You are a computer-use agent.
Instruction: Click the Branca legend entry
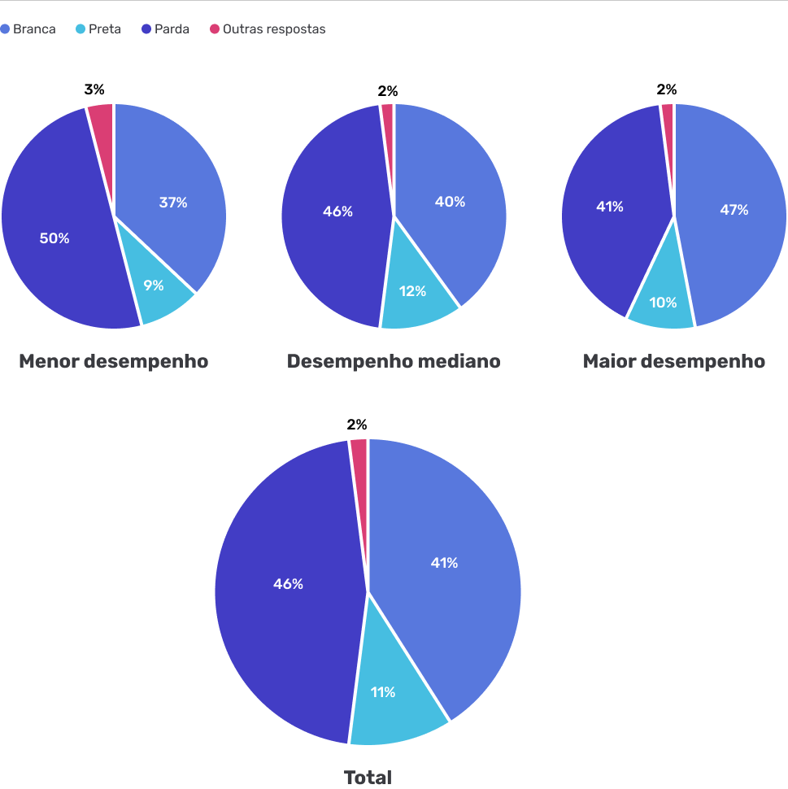(x=28, y=29)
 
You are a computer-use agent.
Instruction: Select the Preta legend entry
(x=98, y=29)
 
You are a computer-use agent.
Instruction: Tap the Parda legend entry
(x=166, y=29)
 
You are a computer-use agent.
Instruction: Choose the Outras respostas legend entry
(x=268, y=29)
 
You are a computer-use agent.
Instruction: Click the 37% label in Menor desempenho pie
(x=173, y=203)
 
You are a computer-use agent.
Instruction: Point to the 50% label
(x=54, y=238)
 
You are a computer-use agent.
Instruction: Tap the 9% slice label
(x=154, y=286)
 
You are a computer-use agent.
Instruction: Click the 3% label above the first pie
(x=94, y=90)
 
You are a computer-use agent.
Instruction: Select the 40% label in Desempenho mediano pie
(x=450, y=202)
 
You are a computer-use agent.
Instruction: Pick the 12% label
(x=412, y=290)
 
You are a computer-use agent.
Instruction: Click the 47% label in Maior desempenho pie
(x=734, y=210)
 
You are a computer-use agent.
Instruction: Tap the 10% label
(x=663, y=303)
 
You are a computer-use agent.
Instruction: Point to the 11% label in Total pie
(x=383, y=692)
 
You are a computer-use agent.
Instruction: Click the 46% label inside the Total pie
(x=288, y=584)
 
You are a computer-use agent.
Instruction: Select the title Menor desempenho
(x=113, y=361)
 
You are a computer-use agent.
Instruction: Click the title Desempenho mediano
(x=394, y=361)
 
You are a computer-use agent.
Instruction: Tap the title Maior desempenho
(x=673, y=361)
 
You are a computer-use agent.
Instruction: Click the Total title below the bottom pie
(x=368, y=778)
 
